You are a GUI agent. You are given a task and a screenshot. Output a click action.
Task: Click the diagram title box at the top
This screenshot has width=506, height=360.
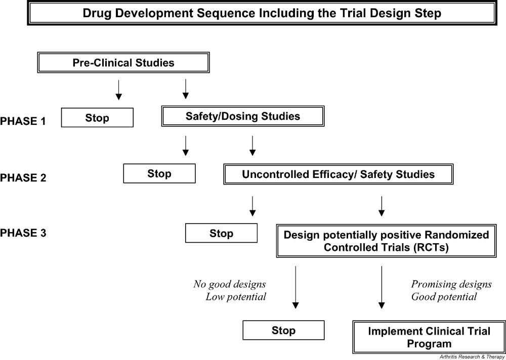(x=262, y=13)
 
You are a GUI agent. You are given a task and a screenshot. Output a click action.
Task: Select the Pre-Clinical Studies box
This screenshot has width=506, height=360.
(x=123, y=63)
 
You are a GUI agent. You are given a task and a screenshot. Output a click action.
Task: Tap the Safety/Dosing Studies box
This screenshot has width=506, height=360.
(x=242, y=117)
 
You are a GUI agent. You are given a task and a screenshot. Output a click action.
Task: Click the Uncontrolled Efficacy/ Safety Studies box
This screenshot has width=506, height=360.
(x=338, y=175)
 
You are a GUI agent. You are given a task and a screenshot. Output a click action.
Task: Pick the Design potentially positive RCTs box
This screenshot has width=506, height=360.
(x=387, y=241)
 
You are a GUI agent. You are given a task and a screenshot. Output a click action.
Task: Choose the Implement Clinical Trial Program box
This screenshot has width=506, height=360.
(x=429, y=338)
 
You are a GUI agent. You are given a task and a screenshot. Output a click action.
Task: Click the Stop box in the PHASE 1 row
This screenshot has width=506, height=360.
(x=97, y=118)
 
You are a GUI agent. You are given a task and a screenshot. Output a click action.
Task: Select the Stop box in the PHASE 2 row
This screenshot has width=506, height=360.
(x=159, y=174)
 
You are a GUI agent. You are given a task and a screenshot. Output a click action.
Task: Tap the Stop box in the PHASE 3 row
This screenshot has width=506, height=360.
(x=221, y=234)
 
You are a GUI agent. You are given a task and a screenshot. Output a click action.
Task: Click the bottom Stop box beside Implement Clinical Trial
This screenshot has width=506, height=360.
(x=283, y=331)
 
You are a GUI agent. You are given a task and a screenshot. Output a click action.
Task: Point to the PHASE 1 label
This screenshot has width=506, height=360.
(x=23, y=121)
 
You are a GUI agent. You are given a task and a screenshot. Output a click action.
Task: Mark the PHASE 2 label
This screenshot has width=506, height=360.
(x=23, y=177)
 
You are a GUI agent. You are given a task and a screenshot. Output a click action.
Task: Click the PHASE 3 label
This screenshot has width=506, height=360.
(x=23, y=233)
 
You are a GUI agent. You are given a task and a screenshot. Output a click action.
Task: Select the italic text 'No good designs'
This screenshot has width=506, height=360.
(x=229, y=284)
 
